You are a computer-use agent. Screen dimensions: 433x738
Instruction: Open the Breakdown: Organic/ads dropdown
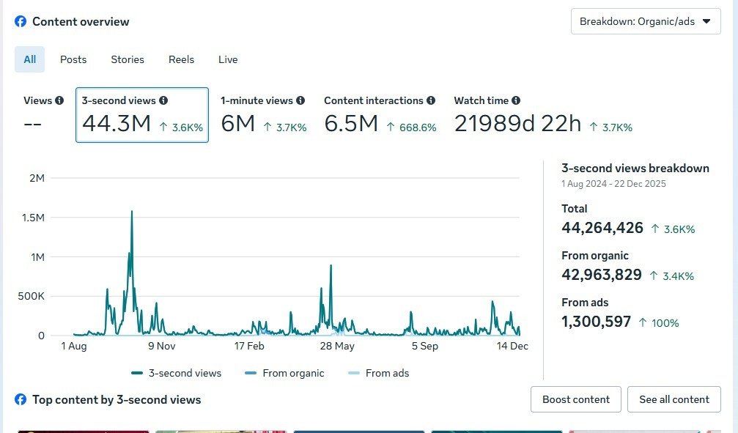645,21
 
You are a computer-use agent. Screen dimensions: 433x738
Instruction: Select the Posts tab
73,59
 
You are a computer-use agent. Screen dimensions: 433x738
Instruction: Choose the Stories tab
128,59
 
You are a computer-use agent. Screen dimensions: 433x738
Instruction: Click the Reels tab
181,59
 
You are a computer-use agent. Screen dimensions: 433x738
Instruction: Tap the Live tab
228,59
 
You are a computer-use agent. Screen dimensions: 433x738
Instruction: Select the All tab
29,59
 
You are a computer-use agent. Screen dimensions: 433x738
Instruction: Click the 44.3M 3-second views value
117,125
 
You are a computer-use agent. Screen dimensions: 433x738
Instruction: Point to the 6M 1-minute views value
238,125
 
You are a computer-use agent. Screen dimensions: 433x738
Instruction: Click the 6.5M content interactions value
351,125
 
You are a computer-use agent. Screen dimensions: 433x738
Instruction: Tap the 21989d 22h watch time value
517,125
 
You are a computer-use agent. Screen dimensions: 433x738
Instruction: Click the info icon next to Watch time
516,100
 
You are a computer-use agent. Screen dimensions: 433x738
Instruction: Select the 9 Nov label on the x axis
161,347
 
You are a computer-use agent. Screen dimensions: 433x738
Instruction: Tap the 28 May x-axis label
337,347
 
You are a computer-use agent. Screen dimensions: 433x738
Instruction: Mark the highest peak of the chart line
132,212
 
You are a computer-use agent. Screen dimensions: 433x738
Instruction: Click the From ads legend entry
379,373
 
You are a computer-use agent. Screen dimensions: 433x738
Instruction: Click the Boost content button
575,399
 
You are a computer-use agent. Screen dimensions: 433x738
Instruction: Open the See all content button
674,399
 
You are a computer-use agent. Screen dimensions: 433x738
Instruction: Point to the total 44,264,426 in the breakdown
602,228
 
